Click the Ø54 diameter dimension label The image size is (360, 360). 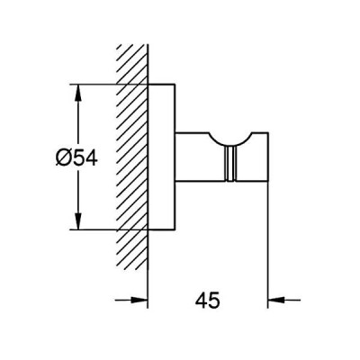pyautogui.click(x=76, y=157)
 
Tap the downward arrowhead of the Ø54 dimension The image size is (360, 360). pyautogui.click(x=78, y=220)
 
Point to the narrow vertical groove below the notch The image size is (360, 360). pyautogui.click(x=230, y=165)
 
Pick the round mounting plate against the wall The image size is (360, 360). pyautogui.click(x=161, y=157)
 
